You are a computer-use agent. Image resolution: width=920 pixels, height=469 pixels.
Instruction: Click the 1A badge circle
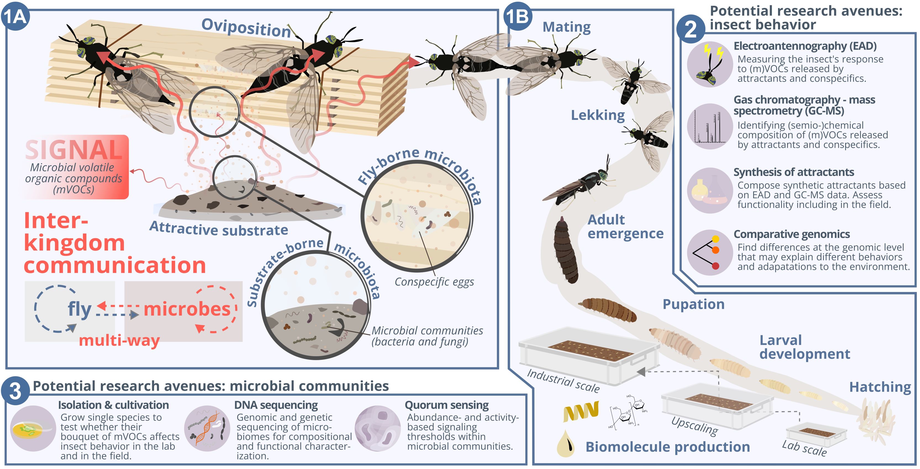(15, 17)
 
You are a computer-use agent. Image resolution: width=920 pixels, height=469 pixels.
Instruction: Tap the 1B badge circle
(518, 17)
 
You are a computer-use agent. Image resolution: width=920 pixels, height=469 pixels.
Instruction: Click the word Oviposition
(246, 28)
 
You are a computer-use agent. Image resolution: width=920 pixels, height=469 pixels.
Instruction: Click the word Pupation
(694, 304)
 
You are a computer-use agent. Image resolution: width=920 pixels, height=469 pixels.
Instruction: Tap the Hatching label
(880, 387)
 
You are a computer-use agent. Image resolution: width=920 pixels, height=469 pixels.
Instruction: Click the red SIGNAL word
(74, 150)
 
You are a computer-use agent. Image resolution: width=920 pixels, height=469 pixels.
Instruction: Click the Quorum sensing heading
(446, 405)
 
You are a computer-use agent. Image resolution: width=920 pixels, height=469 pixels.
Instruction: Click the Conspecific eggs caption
(434, 282)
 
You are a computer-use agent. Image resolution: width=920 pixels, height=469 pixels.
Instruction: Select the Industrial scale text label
(563, 381)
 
